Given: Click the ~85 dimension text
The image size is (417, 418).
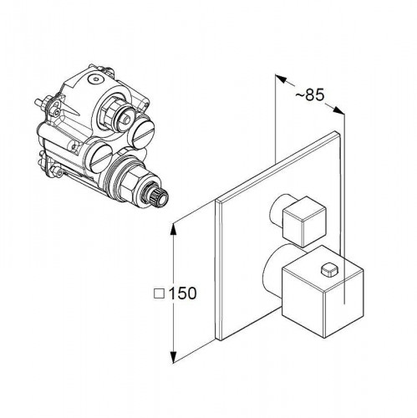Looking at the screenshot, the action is (x=310, y=94).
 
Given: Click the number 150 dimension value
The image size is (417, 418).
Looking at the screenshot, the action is (x=182, y=293).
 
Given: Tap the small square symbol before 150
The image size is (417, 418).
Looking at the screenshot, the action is (x=159, y=294).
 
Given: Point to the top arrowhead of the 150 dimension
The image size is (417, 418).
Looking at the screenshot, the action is (x=173, y=230).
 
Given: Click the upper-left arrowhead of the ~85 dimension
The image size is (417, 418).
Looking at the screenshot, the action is (x=281, y=79).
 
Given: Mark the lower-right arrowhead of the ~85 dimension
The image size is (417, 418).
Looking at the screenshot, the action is (x=338, y=110).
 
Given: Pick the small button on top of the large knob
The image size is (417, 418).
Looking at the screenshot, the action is (x=329, y=270).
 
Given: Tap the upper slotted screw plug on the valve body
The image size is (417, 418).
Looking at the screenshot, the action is (x=141, y=130).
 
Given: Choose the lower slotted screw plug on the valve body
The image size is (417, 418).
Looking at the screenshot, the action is (x=98, y=157).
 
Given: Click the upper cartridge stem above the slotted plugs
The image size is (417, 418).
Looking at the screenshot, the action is (x=120, y=115).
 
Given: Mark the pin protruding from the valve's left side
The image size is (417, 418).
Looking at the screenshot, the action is (x=41, y=104).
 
